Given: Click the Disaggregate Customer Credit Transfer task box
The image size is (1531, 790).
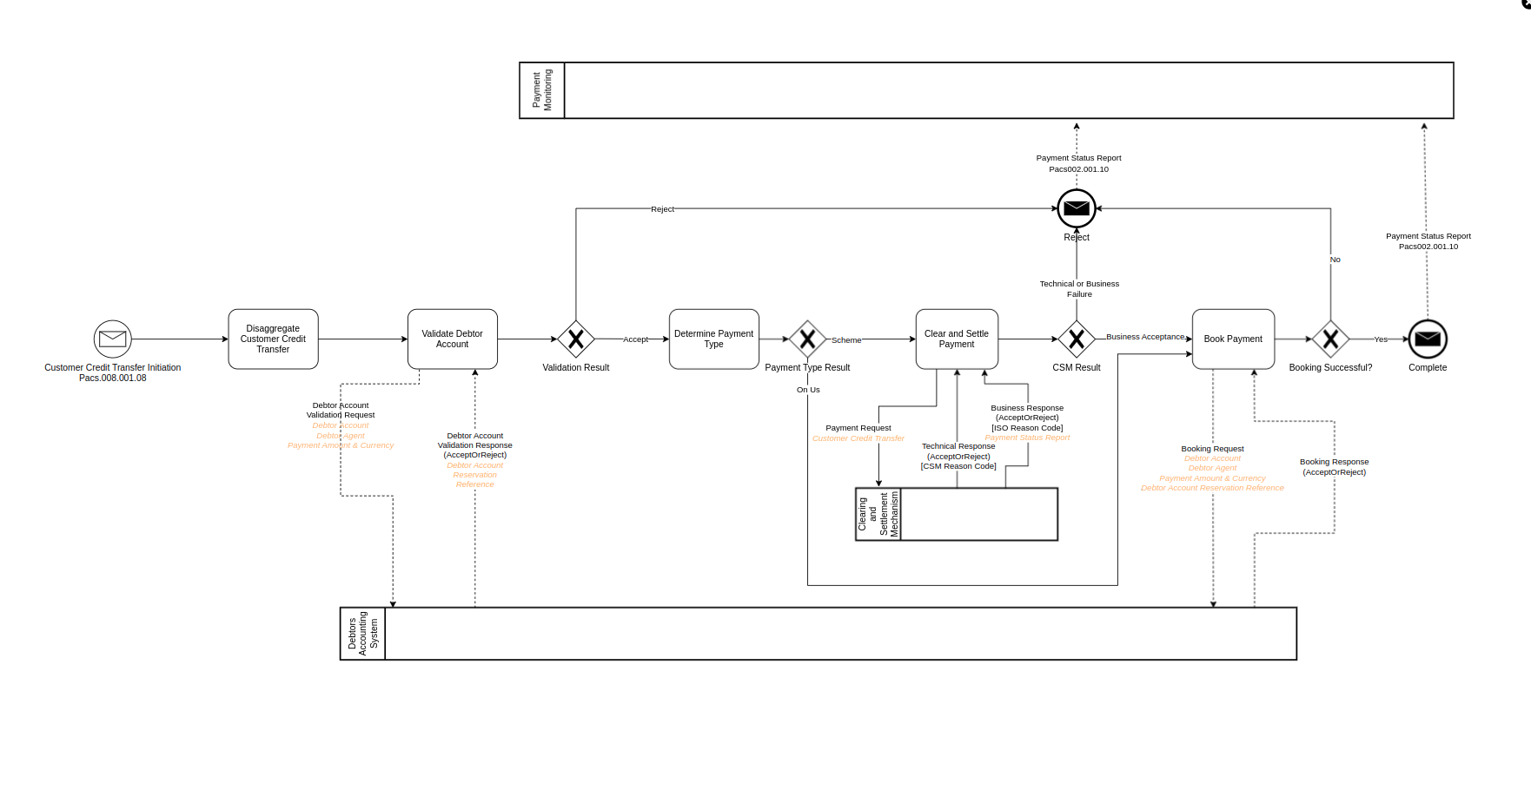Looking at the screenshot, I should point(273,339).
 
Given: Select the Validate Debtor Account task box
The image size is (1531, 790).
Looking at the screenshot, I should point(452,339).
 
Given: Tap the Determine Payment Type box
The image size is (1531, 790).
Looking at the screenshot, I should point(713,339).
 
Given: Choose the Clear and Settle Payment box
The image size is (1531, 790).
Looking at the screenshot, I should point(956,339).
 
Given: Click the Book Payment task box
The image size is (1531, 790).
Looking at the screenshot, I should point(1232,339).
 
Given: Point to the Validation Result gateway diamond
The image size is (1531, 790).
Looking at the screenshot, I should point(575,339).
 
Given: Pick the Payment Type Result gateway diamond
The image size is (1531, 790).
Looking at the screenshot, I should point(807,339).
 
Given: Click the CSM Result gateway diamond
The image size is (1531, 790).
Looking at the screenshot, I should point(1076,339).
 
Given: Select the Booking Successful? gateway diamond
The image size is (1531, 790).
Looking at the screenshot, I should point(1329,339).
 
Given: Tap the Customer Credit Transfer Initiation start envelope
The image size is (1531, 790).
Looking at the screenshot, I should point(113,339).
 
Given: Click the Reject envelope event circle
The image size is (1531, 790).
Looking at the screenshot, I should point(1076,208).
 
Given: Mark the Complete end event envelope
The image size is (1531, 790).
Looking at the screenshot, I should point(1427,339).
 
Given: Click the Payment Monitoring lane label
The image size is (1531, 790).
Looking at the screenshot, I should point(542,90).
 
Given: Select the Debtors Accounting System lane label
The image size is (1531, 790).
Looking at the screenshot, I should point(362,634).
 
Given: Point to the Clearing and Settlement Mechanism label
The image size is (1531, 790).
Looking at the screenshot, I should point(878,514).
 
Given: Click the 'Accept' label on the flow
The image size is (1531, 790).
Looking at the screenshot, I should point(635,339).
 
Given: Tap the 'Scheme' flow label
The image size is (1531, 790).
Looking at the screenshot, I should point(845,340).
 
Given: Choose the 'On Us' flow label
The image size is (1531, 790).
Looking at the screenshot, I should point(808,390).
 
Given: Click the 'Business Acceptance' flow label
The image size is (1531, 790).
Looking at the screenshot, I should point(1144,337).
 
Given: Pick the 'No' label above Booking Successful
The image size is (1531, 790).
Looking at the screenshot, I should point(1335,260).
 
